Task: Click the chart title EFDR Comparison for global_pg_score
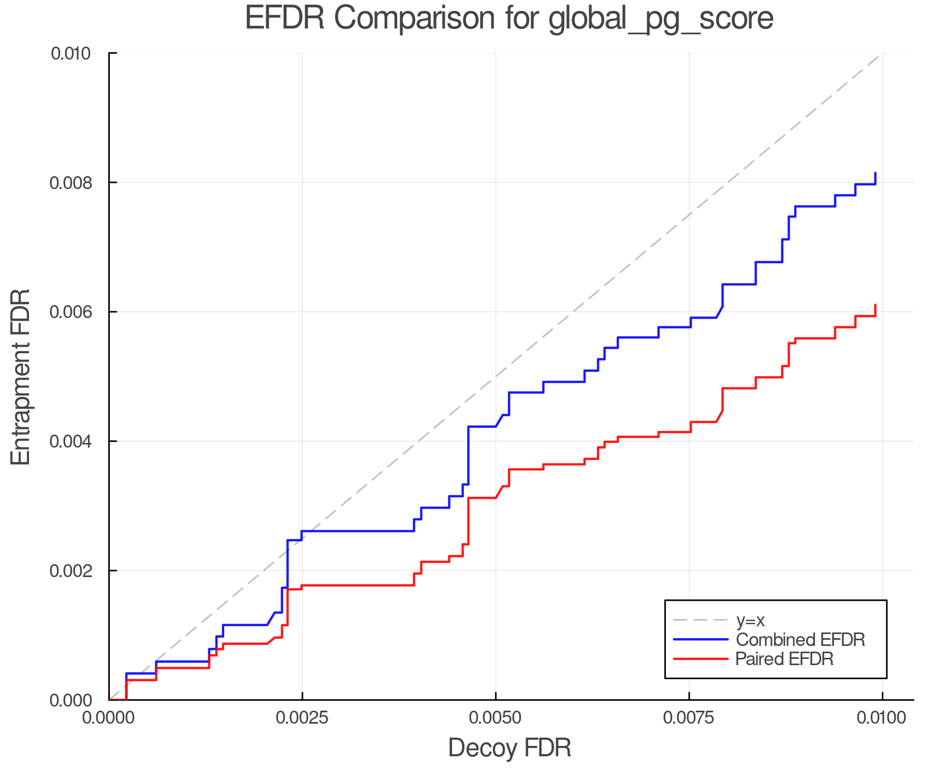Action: pyautogui.click(x=509, y=19)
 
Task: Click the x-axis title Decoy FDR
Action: pyautogui.click(x=509, y=747)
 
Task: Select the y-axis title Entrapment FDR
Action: pyautogui.click(x=21, y=377)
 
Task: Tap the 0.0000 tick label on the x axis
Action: pyautogui.click(x=109, y=718)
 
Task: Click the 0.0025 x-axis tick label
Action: pyautogui.click(x=302, y=718)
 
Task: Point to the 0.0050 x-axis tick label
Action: pyautogui.click(x=496, y=718)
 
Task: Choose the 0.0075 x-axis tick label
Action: pyautogui.click(x=689, y=718)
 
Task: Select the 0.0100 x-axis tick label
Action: pyautogui.click(x=882, y=718)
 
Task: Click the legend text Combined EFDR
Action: pyautogui.click(x=800, y=640)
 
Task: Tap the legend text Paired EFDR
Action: pyautogui.click(x=784, y=659)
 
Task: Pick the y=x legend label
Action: pyautogui.click(x=750, y=620)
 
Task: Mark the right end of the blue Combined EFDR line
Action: pyautogui.click(x=875, y=174)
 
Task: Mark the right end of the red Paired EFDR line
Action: pyautogui.click(x=875, y=305)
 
